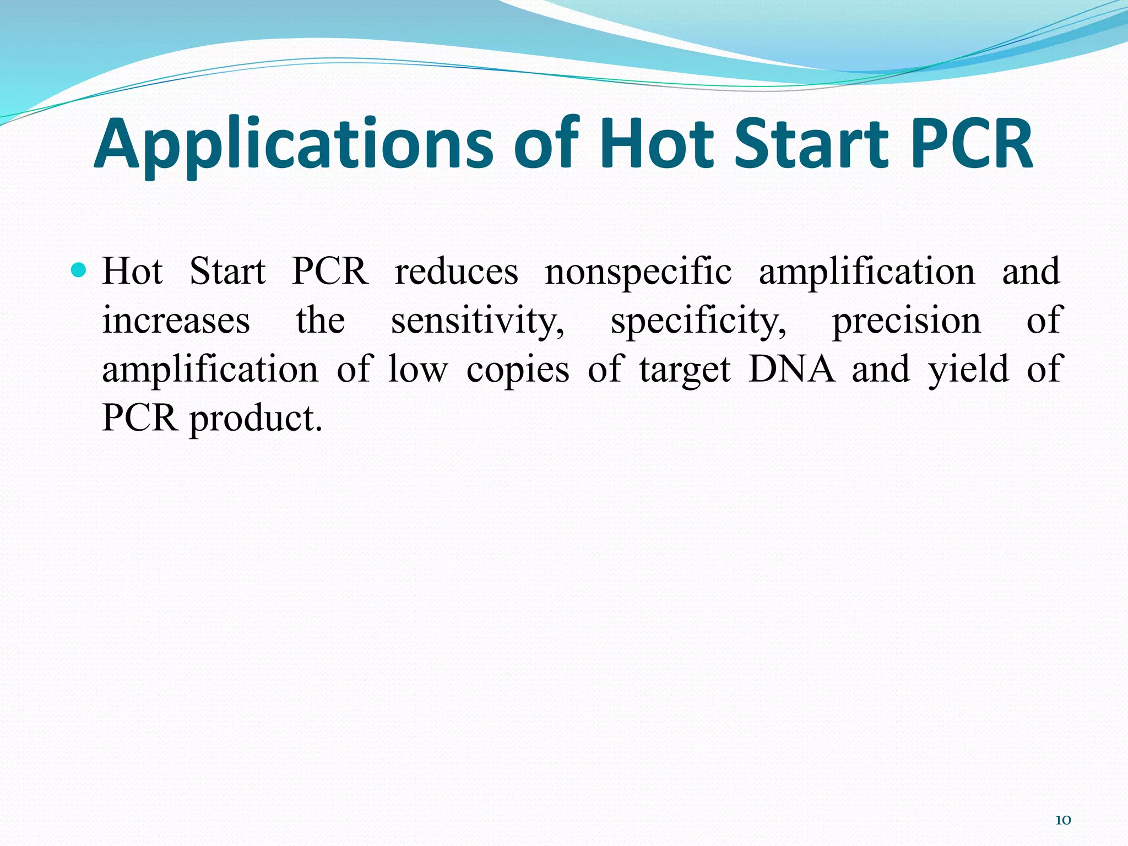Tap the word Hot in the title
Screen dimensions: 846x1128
(657, 144)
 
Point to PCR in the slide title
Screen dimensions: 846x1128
(972, 144)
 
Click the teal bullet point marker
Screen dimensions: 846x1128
(79, 270)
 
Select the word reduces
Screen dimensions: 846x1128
(457, 271)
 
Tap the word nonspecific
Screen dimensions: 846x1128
(638, 271)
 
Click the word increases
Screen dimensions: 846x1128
(176, 320)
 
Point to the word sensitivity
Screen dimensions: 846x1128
(478, 320)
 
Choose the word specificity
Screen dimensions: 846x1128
(698, 320)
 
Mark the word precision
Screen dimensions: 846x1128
(906, 320)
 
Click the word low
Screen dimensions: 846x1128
(418, 368)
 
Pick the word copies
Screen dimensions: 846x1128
(518, 368)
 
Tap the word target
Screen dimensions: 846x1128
(685, 368)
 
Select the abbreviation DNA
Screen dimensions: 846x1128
(791, 368)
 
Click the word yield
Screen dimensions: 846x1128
(969, 368)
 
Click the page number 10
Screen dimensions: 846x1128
(1062, 820)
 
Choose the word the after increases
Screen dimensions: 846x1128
(321, 320)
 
